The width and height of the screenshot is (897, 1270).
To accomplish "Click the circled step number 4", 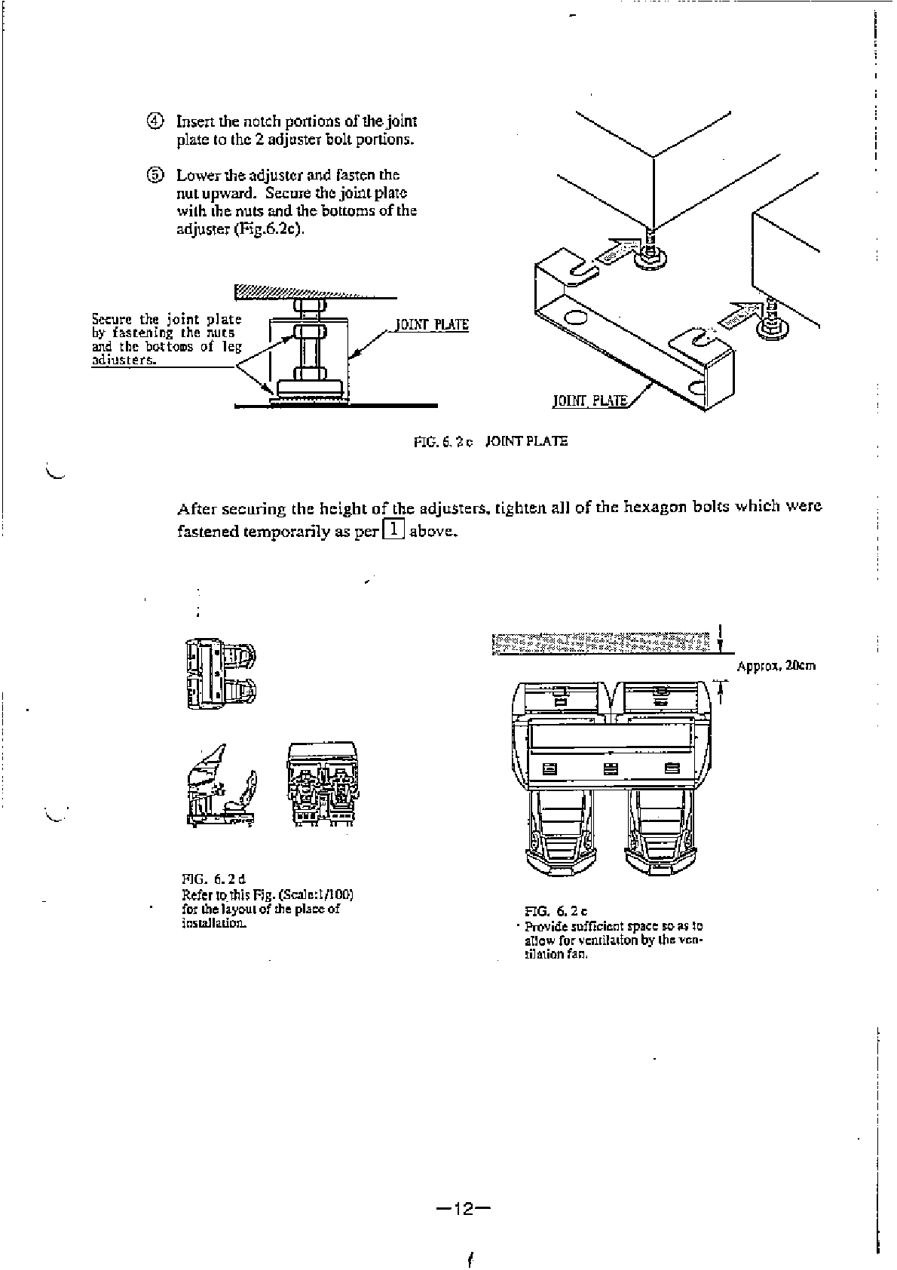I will point(153,121).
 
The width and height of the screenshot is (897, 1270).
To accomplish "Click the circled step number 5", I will point(153,175).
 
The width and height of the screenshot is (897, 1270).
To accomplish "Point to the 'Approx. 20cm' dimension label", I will point(776,666).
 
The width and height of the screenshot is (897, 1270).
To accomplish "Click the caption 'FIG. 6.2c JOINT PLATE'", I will point(490,441).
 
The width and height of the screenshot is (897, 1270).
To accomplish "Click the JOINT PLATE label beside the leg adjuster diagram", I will point(432,325).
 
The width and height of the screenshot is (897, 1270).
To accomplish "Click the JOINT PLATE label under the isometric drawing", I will point(590,400).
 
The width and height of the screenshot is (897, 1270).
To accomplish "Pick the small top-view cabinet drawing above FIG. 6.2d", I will point(219,673).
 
